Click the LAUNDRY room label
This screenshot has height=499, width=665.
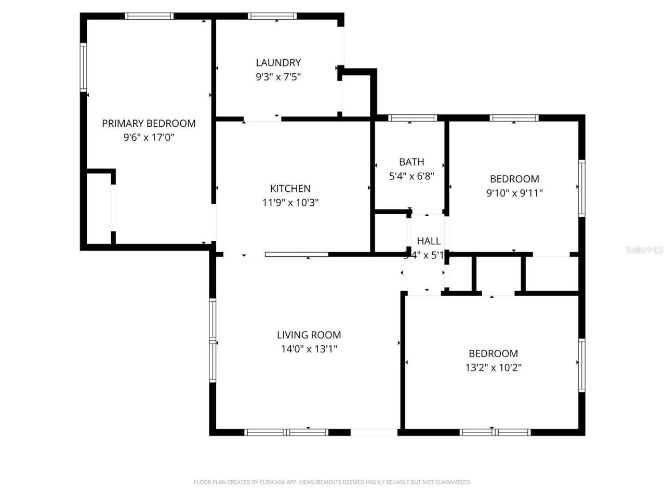point(278,62)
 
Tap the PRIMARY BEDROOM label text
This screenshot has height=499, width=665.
point(149,123)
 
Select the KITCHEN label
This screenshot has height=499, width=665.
point(290,189)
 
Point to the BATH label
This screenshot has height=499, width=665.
point(411,162)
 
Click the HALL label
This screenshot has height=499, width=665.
point(429,241)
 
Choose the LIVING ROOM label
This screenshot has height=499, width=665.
point(309,335)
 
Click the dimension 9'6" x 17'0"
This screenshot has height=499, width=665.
point(149,138)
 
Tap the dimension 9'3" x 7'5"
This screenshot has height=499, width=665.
point(278,77)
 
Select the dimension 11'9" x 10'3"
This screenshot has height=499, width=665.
point(290,203)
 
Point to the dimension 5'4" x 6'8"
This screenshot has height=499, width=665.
point(411,176)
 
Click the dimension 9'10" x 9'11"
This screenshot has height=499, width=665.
point(514,193)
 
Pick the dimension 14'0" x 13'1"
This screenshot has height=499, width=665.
point(309,349)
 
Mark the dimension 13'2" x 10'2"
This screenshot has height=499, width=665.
point(493,368)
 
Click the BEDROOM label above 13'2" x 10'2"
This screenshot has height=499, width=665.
point(493,353)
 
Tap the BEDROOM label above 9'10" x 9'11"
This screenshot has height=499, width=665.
point(514,179)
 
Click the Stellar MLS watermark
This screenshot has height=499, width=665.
point(644,250)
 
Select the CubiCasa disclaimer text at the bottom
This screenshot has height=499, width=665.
point(332,482)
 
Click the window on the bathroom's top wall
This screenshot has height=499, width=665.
point(413,118)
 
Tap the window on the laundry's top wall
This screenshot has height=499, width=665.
point(273,16)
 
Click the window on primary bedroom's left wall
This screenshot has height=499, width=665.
point(83,68)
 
